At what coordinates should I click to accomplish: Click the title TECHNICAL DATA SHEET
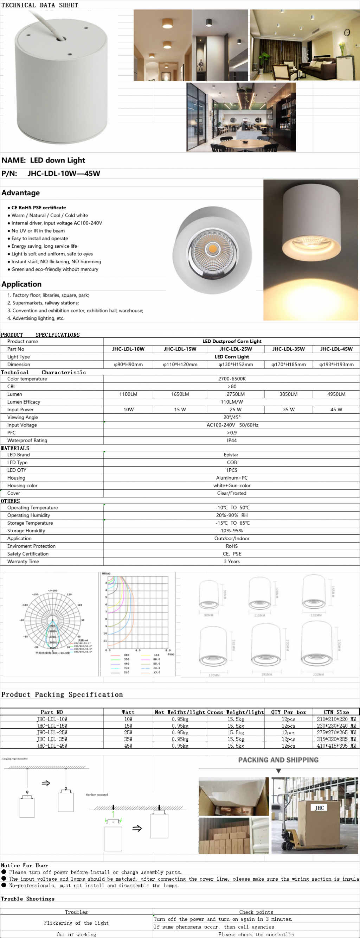pos(40,5)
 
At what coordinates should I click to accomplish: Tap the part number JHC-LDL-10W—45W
pos(64,173)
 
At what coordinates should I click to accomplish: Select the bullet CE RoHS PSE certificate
pos(39,208)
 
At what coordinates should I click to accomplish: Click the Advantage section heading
pos(21,192)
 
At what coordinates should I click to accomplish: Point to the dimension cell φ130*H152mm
pos(236,365)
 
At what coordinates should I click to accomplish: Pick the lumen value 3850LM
pos(288,394)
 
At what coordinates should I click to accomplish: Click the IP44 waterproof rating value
pos(232,440)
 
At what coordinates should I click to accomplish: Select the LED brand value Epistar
pos(231,455)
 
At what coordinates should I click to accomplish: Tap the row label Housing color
pos(22,486)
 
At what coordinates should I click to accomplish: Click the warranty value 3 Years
pos(232,562)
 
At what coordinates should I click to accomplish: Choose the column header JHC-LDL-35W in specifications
pos(288,349)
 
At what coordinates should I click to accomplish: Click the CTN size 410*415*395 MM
pos(336,746)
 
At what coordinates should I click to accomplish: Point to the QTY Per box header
pos(288,712)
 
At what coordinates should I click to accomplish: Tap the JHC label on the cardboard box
pos(319,807)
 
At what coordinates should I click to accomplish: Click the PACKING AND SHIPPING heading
pos(278,760)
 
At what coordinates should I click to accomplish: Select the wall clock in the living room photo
pos(347,32)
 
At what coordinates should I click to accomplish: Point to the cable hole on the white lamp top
pos(61,38)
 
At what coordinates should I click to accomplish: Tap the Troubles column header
pos(76,912)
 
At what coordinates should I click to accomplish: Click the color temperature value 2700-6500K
pos(232,379)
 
